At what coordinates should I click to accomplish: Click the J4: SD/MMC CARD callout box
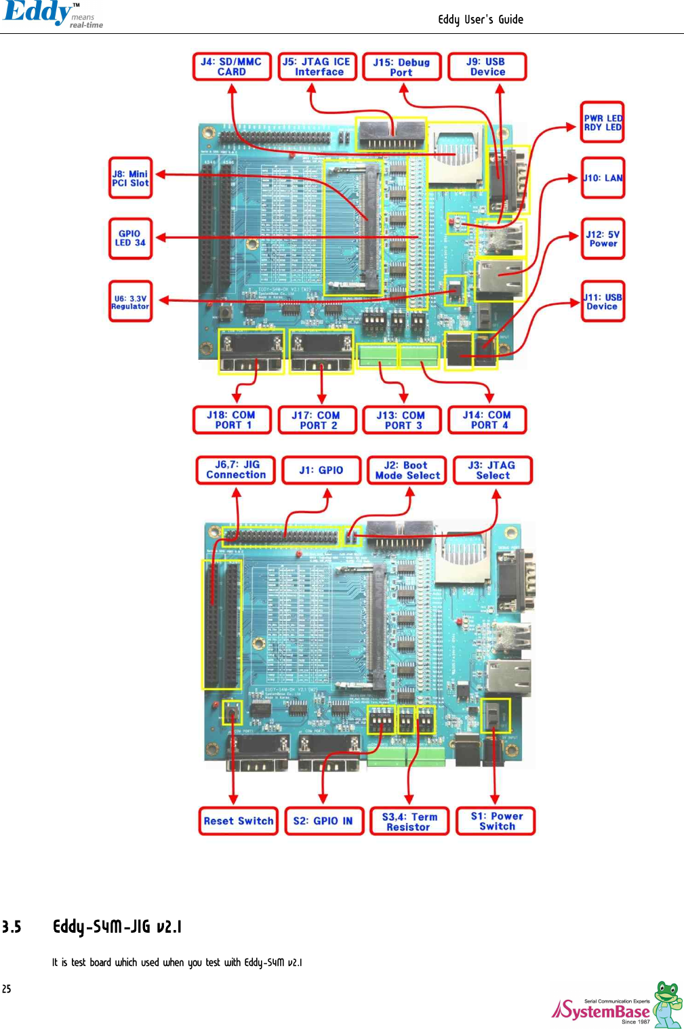point(232,66)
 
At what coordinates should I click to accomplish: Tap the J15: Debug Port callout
point(402,67)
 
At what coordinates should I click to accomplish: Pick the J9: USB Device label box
point(487,66)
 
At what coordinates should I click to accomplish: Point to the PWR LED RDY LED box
point(603,123)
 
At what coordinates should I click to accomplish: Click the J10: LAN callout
point(603,178)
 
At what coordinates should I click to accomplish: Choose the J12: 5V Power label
point(603,239)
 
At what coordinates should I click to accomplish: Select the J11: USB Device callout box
point(603,302)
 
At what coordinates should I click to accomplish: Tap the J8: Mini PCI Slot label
point(130,178)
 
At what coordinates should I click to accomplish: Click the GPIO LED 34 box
point(130,238)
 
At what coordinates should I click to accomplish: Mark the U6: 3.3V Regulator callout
point(130,302)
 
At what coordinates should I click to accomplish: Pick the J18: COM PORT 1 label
point(232,420)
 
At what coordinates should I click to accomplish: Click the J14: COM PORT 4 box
point(487,420)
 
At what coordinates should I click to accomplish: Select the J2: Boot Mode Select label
point(407,470)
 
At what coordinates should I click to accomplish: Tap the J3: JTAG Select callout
point(493,470)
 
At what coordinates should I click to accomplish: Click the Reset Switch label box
point(239,821)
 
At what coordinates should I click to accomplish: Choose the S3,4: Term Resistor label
point(409,822)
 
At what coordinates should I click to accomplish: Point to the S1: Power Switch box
point(496,821)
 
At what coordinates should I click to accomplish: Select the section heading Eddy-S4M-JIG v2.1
point(117,927)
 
